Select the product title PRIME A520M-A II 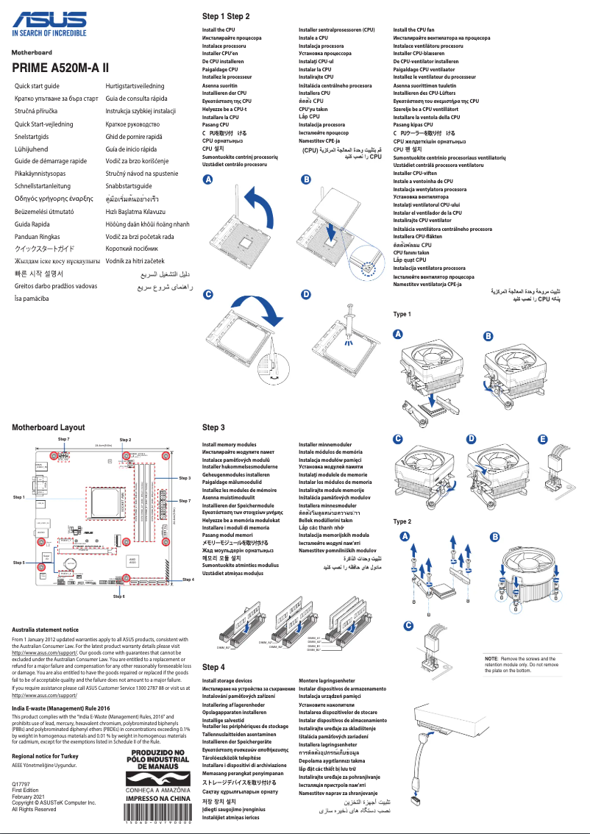tap(60, 68)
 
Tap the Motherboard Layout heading tap(48, 427)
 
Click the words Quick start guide tap(37, 86)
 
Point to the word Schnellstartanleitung tap(43, 186)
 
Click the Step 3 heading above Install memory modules tap(213, 427)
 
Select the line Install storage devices tap(227, 681)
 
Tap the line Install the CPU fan tap(414, 30)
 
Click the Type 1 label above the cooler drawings tap(402, 315)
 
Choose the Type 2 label tap(402, 521)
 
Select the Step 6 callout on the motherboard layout tap(119, 595)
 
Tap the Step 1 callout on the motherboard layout tap(19, 498)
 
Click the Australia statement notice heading tap(46, 630)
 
